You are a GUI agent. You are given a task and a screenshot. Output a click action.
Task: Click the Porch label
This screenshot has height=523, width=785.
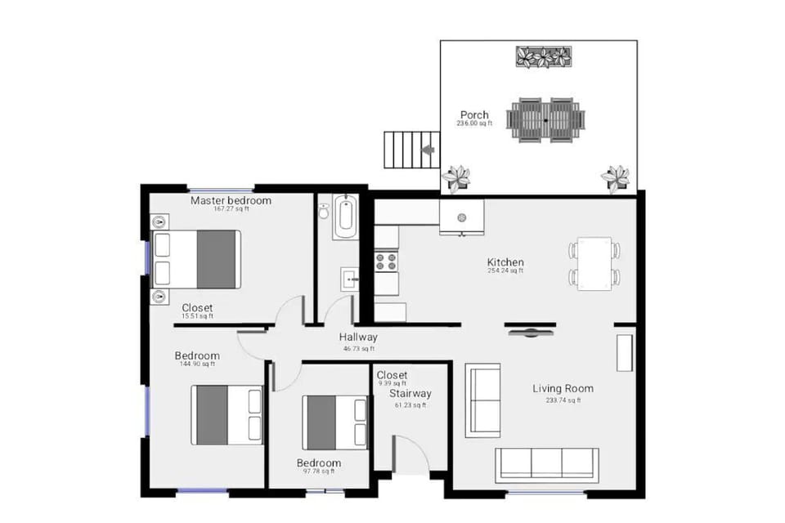click(x=474, y=115)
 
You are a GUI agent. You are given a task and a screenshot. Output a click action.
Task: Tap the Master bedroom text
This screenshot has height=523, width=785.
click(x=231, y=200)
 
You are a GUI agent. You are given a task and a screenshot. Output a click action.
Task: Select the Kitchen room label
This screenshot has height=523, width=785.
click(x=505, y=262)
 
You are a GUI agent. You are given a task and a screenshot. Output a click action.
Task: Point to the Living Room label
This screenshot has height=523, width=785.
click(x=563, y=388)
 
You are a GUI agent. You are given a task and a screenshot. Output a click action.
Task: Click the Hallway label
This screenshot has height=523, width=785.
click(x=358, y=337)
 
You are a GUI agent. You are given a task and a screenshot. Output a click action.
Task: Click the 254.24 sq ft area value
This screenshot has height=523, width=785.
click(x=505, y=270)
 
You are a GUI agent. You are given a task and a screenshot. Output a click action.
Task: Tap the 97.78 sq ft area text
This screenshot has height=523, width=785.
click(x=318, y=471)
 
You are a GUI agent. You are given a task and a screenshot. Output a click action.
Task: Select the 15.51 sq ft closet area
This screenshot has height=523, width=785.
click(x=197, y=316)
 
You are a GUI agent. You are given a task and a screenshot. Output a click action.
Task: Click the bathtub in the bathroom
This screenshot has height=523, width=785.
click(x=344, y=216)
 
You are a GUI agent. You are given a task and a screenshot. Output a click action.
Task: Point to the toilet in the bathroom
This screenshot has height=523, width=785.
click(x=324, y=212)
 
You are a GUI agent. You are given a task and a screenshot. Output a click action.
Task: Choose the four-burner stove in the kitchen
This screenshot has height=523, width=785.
click(x=386, y=261)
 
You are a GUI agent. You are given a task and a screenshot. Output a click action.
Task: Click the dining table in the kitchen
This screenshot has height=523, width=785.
click(x=594, y=263)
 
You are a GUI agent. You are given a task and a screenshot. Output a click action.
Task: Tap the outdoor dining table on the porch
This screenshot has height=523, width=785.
click(x=545, y=119)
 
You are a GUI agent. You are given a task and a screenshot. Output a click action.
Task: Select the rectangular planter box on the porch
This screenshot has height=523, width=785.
click(x=544, y=57)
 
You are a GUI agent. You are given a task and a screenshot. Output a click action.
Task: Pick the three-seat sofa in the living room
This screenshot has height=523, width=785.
click(x=547, y=463)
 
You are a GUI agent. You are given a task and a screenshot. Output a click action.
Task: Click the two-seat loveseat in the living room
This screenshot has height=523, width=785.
click(x=482, y=400)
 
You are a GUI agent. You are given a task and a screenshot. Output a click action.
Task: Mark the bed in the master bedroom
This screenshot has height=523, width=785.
click(x=197, y=259)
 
